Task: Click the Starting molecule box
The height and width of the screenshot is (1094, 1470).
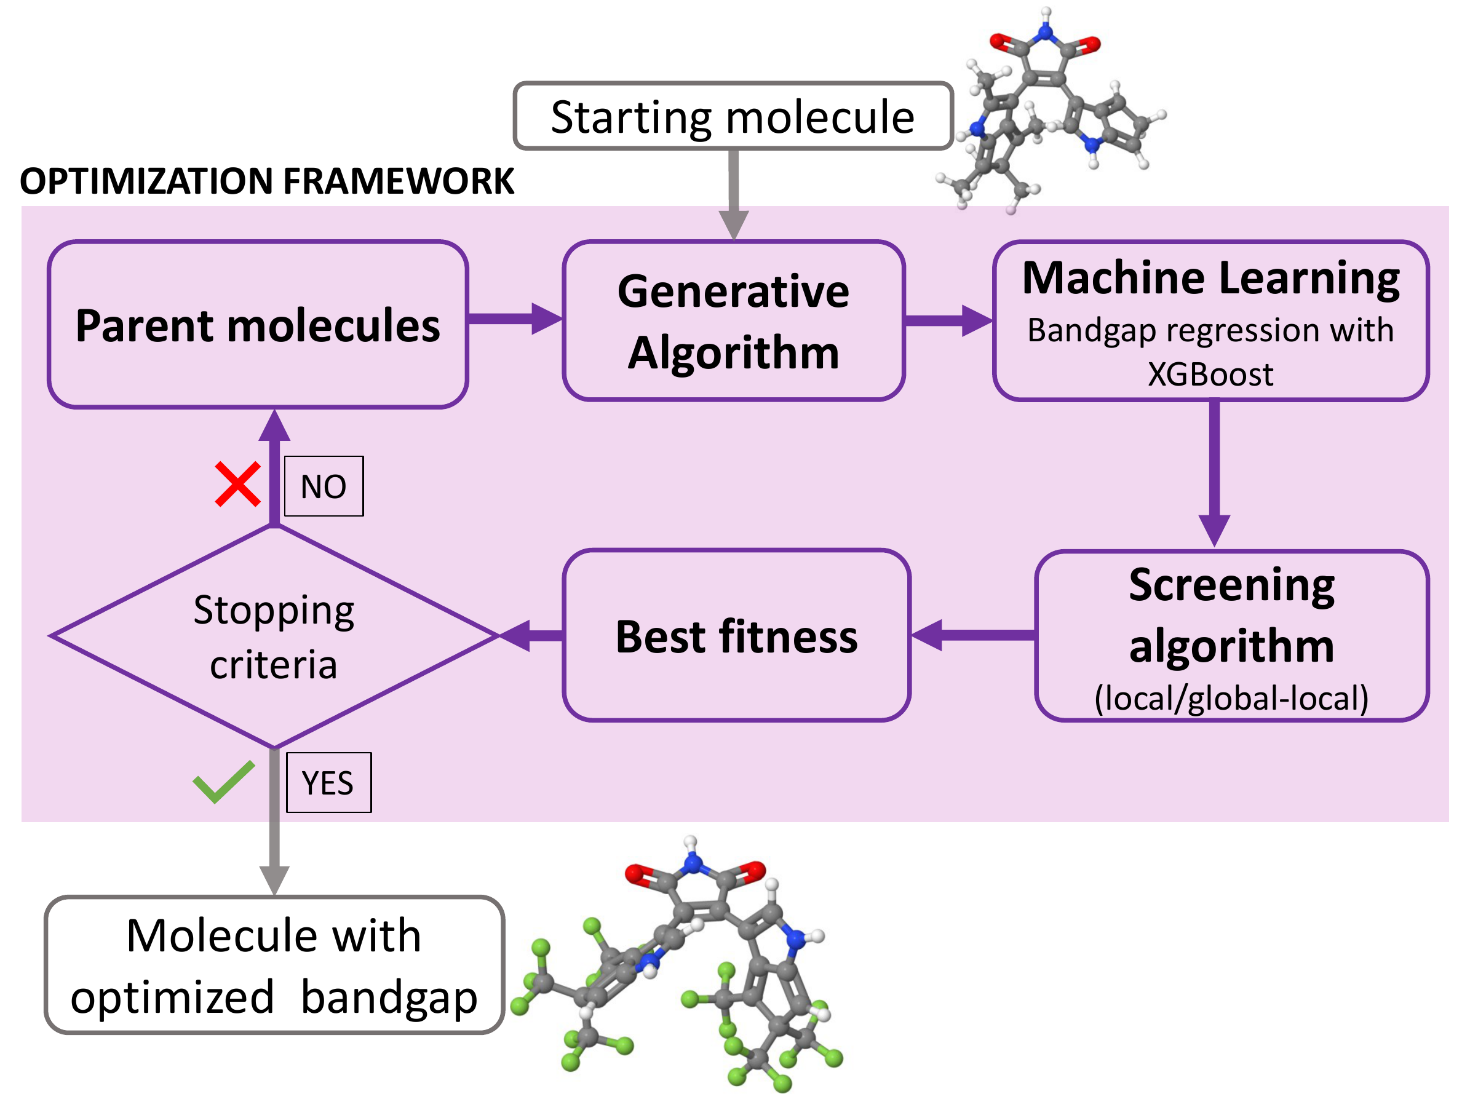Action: pyautogui.click(x=733, y=117)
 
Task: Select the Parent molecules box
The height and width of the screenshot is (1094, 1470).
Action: pyautogui.click(x=258, y=325)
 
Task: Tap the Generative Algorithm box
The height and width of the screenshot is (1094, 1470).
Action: pyautogui.click(x=733, y=321)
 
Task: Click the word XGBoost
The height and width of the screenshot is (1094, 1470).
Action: pyautogui.click(x=1210, y=375)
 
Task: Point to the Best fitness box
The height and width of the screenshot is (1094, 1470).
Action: pyautogui.click(x=736, y=636)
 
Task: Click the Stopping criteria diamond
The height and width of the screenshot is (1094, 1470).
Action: pyautogui.click(x=274, y=636)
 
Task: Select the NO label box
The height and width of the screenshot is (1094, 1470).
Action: pyautogui.click(x=324, y=486)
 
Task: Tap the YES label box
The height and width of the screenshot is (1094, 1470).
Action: pyautogui.click(x=328, y=783)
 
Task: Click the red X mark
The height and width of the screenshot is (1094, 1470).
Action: pyautogui.click(x=237, y=485)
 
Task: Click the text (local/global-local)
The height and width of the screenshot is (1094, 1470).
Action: pyautogui.click(x=1231, y=699)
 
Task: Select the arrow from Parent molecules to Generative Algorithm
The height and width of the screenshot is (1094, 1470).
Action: pyautogui.click(x=514, y=319)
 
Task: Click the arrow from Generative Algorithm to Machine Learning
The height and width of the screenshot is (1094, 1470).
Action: pyautogui.click(x=947, y=321)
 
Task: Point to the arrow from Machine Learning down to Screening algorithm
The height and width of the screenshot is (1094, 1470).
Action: pyautogui.click(x=1214, y=470)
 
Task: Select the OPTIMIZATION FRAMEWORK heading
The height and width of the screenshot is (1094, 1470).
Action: pyautogui.click(x=267, y=181)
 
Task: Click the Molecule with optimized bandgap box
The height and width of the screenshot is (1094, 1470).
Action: pyautogui.click(x=274, y=965)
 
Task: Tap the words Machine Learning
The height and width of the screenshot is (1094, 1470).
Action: pyautogui.click(x=1210, y=278)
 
